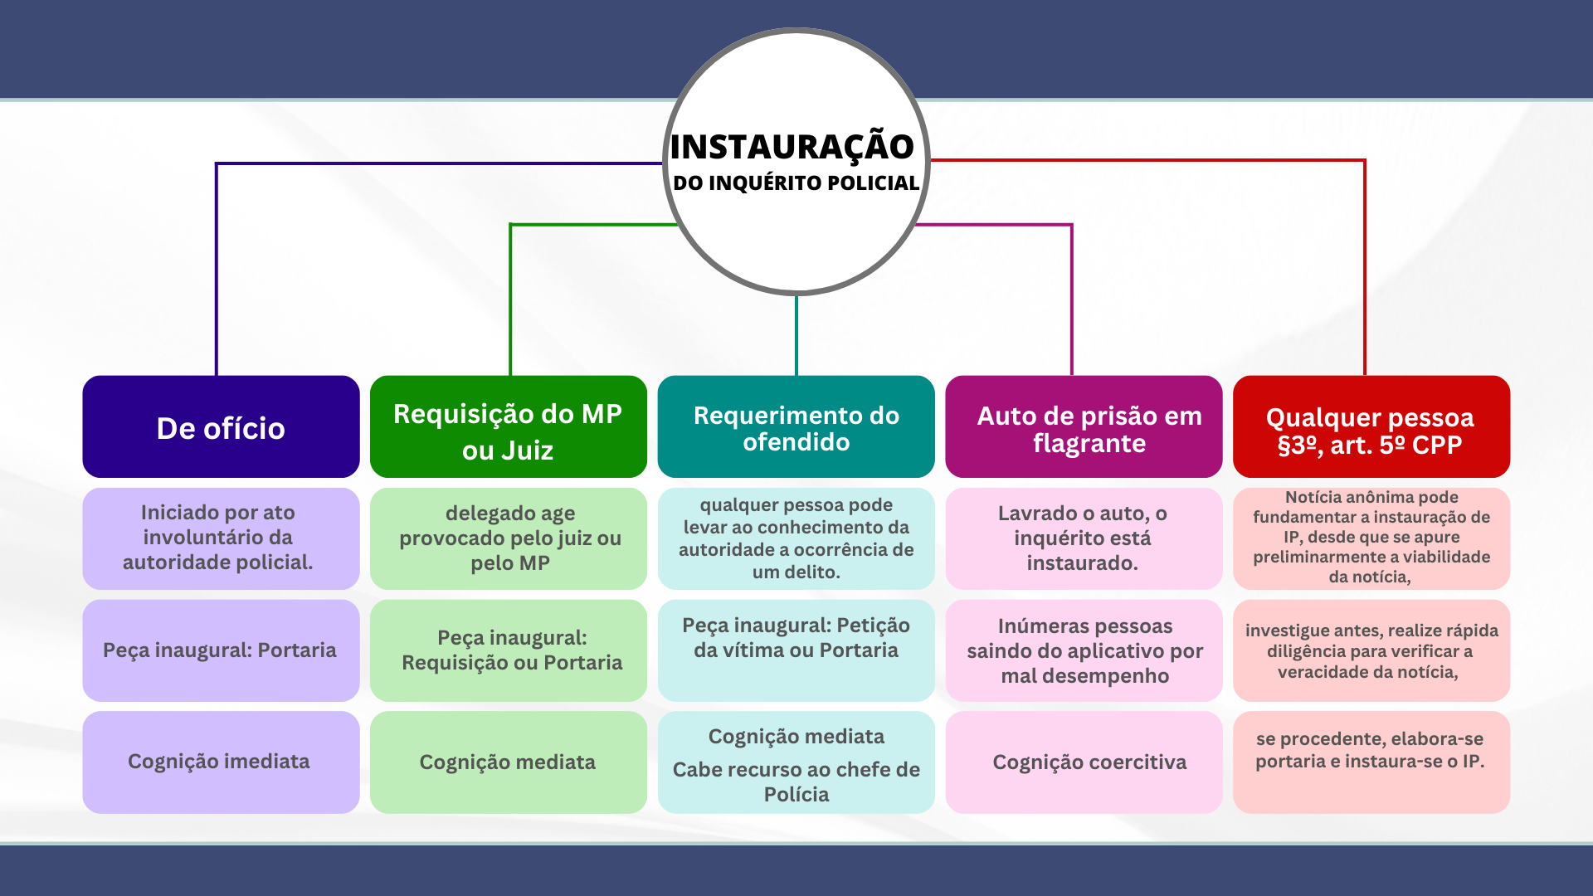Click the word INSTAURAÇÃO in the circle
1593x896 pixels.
(x=792, y=147)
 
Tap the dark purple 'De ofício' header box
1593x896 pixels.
(x=221, y=427)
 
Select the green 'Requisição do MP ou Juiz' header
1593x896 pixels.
(x=508, y=427)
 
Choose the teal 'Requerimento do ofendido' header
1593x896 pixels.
(x=796, y=427)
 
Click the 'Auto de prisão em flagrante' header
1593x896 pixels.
(x=1084, y=427)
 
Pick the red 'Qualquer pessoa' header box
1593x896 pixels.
(x=1371, y=427)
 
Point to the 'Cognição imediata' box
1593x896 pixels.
(x=221, y=762)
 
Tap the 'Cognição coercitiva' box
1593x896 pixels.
(x=1084, y=762)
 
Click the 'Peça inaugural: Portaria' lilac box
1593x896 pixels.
(x=221, y=650)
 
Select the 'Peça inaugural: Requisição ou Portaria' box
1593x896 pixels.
(x=508, y=650)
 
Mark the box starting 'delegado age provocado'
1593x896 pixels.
(x=508, y=538)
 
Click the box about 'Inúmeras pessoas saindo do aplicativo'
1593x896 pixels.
(x=1084, y=650)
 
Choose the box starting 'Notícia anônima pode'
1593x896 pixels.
(x=1371, y=538)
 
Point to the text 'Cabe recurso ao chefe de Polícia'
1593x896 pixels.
(x=796, y=782)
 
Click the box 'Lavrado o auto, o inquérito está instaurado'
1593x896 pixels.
(x=1084, y=538)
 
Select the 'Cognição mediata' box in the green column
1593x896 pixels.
(x=508, y=762)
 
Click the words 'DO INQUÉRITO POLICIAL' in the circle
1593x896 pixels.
(x=796, y=183)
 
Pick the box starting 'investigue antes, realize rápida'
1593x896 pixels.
(x=1371, y=650)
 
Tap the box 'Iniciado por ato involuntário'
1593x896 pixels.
(x=221, y=538)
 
